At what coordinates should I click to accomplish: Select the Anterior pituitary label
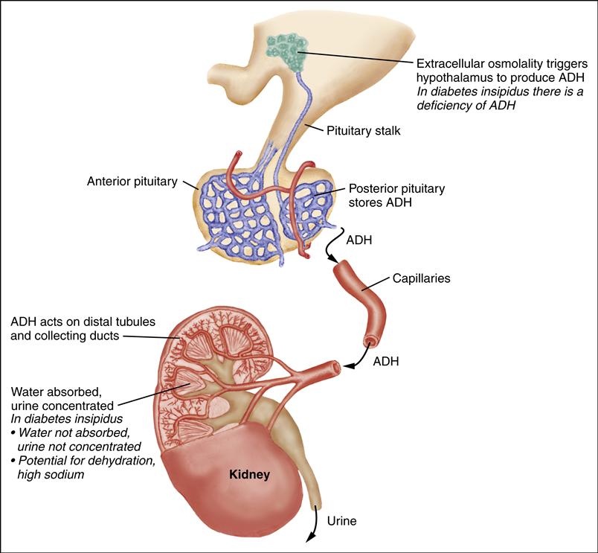(x=132, y=181)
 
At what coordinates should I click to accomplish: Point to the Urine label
(x=341, y=521)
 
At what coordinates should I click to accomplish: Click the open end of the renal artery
(x=337, y=367)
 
